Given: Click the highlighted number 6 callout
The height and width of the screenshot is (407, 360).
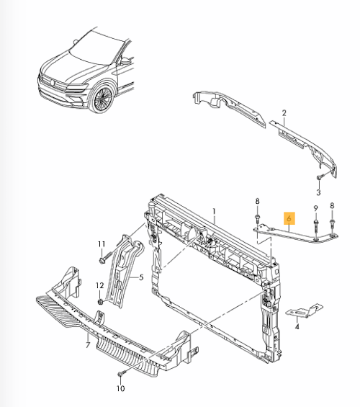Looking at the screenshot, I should pos(289,218).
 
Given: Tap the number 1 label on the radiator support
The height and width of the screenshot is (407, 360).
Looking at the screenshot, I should pos(214,211).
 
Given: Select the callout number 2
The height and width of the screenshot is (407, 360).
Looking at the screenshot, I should pos(284,113).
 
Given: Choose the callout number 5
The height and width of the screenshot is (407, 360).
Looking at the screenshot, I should pos(141,277).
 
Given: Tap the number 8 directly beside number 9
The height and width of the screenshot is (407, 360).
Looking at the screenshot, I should pos(332,206).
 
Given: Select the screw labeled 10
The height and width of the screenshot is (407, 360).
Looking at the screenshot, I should pos(120,375).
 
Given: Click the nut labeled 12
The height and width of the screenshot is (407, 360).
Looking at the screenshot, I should pos(101,302).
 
